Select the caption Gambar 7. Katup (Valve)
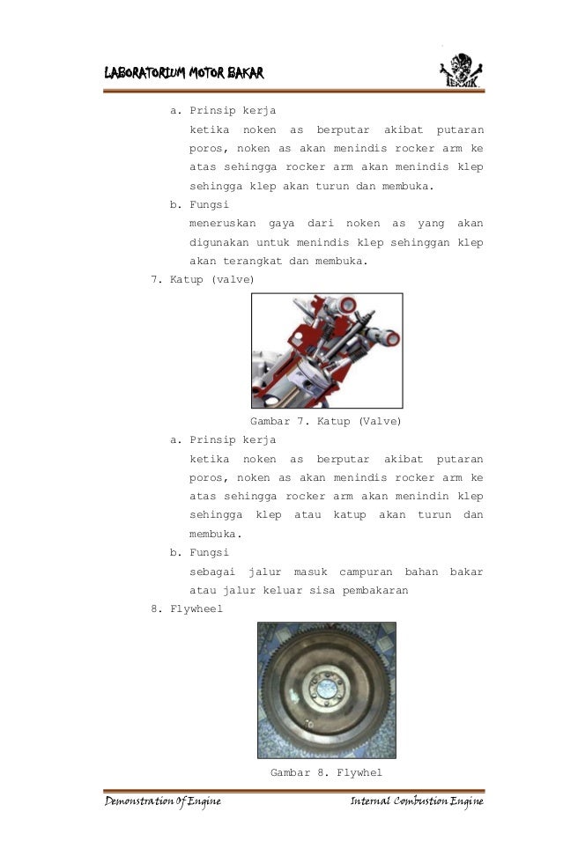point(326,422)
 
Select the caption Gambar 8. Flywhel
point(326,772)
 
